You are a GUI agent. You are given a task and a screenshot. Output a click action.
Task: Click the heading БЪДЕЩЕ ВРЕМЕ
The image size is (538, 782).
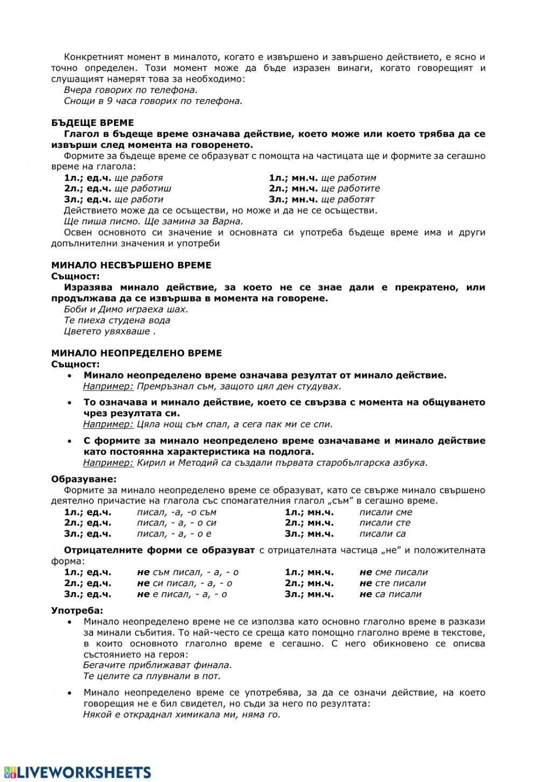pos(92,123)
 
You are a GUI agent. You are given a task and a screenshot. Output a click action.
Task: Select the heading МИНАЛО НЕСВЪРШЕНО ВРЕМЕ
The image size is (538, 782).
pos(131,265)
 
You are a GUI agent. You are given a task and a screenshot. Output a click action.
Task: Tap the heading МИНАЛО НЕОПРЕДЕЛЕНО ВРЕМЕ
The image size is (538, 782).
pos(136,353)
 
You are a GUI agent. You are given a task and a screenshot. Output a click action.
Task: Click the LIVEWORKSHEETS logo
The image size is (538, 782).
pos(76,771)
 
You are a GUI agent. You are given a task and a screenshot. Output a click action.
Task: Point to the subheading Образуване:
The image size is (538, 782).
pos(83,479)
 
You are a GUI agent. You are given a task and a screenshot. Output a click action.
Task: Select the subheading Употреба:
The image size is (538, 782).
pos(77,610)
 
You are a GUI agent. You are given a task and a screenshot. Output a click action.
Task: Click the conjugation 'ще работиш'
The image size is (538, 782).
pos(143,189)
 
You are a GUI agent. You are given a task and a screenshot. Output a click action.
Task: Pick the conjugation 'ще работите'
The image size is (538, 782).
pos(350,189)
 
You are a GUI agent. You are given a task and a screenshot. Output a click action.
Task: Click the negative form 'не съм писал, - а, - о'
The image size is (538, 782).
pos(188,572)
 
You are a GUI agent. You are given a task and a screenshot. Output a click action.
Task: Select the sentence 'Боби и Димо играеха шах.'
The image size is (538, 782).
pos(126,309)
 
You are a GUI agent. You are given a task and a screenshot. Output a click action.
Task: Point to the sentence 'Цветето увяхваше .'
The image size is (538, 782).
pos(109,331)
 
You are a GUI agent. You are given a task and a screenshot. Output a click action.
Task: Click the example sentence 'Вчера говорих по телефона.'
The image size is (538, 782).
pos(131,90)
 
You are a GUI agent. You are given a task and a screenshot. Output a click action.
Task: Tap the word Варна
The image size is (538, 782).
pos(230,221)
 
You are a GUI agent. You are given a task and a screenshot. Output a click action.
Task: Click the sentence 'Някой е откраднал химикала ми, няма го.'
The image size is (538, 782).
pos(182,715)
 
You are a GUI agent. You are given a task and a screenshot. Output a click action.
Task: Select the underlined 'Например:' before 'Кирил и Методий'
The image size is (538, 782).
pos(108,463)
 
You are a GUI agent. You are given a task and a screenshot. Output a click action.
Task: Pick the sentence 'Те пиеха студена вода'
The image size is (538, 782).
pos(117,321)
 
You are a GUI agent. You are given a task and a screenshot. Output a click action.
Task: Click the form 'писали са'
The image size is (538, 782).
pos(383,534)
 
